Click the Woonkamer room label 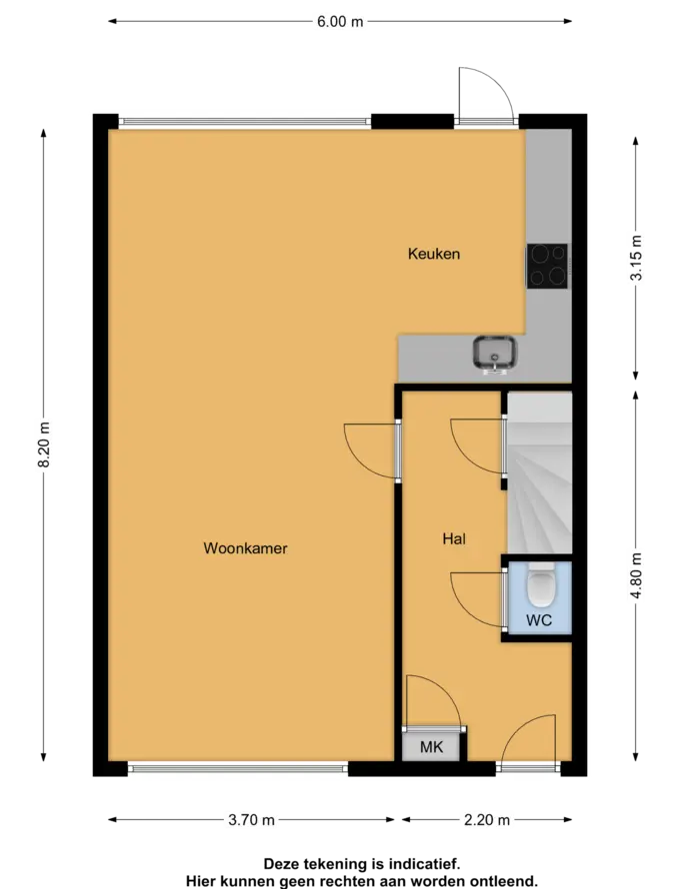coord(245,548)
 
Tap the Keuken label coord(434,254)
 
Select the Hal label coord(454,538)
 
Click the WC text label coord(539,619)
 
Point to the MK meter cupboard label coord(431,747)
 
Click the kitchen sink coord(495,355)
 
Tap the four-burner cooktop coord(547,266)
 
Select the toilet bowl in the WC coord(539,584)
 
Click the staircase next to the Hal coord(539,472)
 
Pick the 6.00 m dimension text coord(340,22)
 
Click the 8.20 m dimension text coord(44,444)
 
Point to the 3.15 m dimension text coord(636,257)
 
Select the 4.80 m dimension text coord(636,575)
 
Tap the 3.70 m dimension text coord(251,820)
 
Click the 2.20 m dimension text coord(487,820)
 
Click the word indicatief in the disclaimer coord(424,865)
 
